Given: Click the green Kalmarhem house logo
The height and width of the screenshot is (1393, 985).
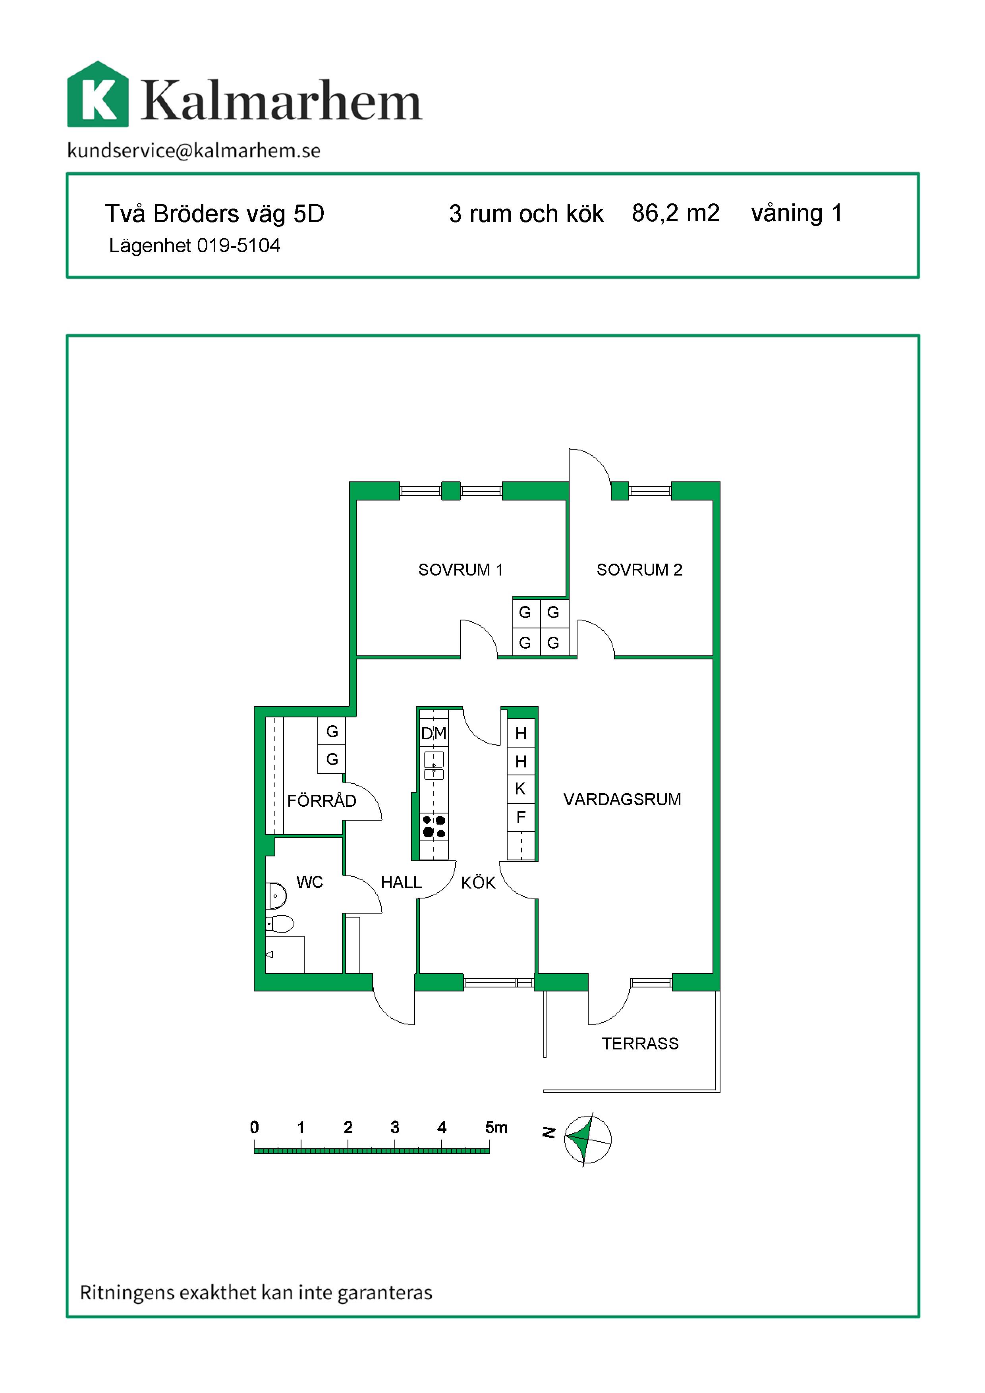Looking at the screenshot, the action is [x=98, y=94].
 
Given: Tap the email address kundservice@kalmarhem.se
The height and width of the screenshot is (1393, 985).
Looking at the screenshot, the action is [x=194, y=151].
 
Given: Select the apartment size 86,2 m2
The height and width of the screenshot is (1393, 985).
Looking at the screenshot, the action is [x=676, y=214].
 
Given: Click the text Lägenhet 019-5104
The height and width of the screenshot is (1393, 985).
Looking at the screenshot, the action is [x=195, y=246].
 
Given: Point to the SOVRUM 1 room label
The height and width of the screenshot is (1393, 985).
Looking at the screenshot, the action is [x=460, y=570].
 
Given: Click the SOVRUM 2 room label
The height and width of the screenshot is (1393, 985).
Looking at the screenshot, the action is [x=639, y=570].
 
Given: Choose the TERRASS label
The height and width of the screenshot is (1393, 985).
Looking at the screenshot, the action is [x=640, y=1043].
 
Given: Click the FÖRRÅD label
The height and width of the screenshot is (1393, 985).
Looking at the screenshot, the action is [x=321, y=800].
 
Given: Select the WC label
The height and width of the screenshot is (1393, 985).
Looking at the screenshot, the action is [x=309, y=882].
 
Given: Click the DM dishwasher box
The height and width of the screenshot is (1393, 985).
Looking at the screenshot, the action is [x=434, y=734].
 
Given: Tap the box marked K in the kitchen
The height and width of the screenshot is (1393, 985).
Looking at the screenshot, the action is [x=520, y=789].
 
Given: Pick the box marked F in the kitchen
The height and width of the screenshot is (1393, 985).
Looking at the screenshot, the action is [x=520, y=817].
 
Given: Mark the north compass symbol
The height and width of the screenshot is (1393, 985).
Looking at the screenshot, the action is [x=587, y=1140].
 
